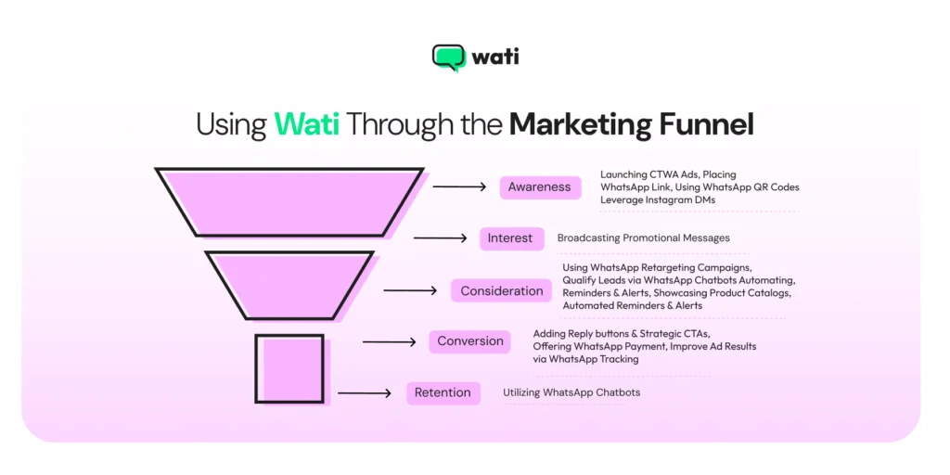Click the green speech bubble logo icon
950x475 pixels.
pyautogui.click(x=448, y=58)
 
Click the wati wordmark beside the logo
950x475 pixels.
pyautogui.click(x=495, y=57)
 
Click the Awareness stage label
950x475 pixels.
pyautogui.click(x=539, y=187)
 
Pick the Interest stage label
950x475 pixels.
pyautogui.click(x=509, y=238)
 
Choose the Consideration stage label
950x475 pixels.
pyautogui.click(x=501, y=290)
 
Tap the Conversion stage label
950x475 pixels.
pyautogui.click(x=470, y=341)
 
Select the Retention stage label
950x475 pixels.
pyautogui.click(x=443, y=392)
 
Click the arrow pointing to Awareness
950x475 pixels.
pyautogui.click(x=459, y=187)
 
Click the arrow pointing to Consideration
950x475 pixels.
pyautogui.click(x=410, y=290)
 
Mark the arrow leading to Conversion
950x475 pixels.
pyautogui.click(x=389, y=341)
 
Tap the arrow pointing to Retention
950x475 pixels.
pyautogui.click(x=365, y=392)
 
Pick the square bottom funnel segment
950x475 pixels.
pyautogui.click(x=289, y=368)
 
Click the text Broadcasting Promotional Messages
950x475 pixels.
pyautogui.click(x=643, y=238)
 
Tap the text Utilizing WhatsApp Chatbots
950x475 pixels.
pyautogui.click(x=571, y=392)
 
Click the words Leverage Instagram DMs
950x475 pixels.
pyautogui.click(x=657, y=199)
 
